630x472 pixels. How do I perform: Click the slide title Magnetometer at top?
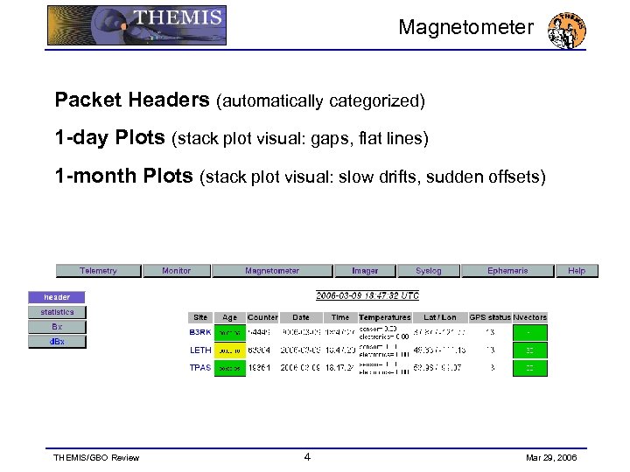[465, 27]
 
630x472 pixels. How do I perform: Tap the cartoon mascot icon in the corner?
[566, 31]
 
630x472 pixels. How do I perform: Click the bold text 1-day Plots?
[109, 138]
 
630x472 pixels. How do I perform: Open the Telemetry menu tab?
[98, 271]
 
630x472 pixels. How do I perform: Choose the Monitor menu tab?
[176, 271]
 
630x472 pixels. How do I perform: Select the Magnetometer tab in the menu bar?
[272, 271]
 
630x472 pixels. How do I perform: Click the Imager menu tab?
[365, 271]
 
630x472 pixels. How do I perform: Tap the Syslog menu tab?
[429, 271]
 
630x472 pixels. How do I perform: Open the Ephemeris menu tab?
[507, 271]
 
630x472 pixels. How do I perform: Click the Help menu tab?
[577, 271]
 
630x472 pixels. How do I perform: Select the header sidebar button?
[57, 297]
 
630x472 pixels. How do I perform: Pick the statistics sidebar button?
[57, 312]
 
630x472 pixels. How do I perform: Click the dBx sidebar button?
[57, 342]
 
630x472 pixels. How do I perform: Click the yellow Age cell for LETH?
[229, 350]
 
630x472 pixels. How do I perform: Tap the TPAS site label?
[200, 368]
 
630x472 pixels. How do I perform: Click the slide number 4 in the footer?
[306, 456]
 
